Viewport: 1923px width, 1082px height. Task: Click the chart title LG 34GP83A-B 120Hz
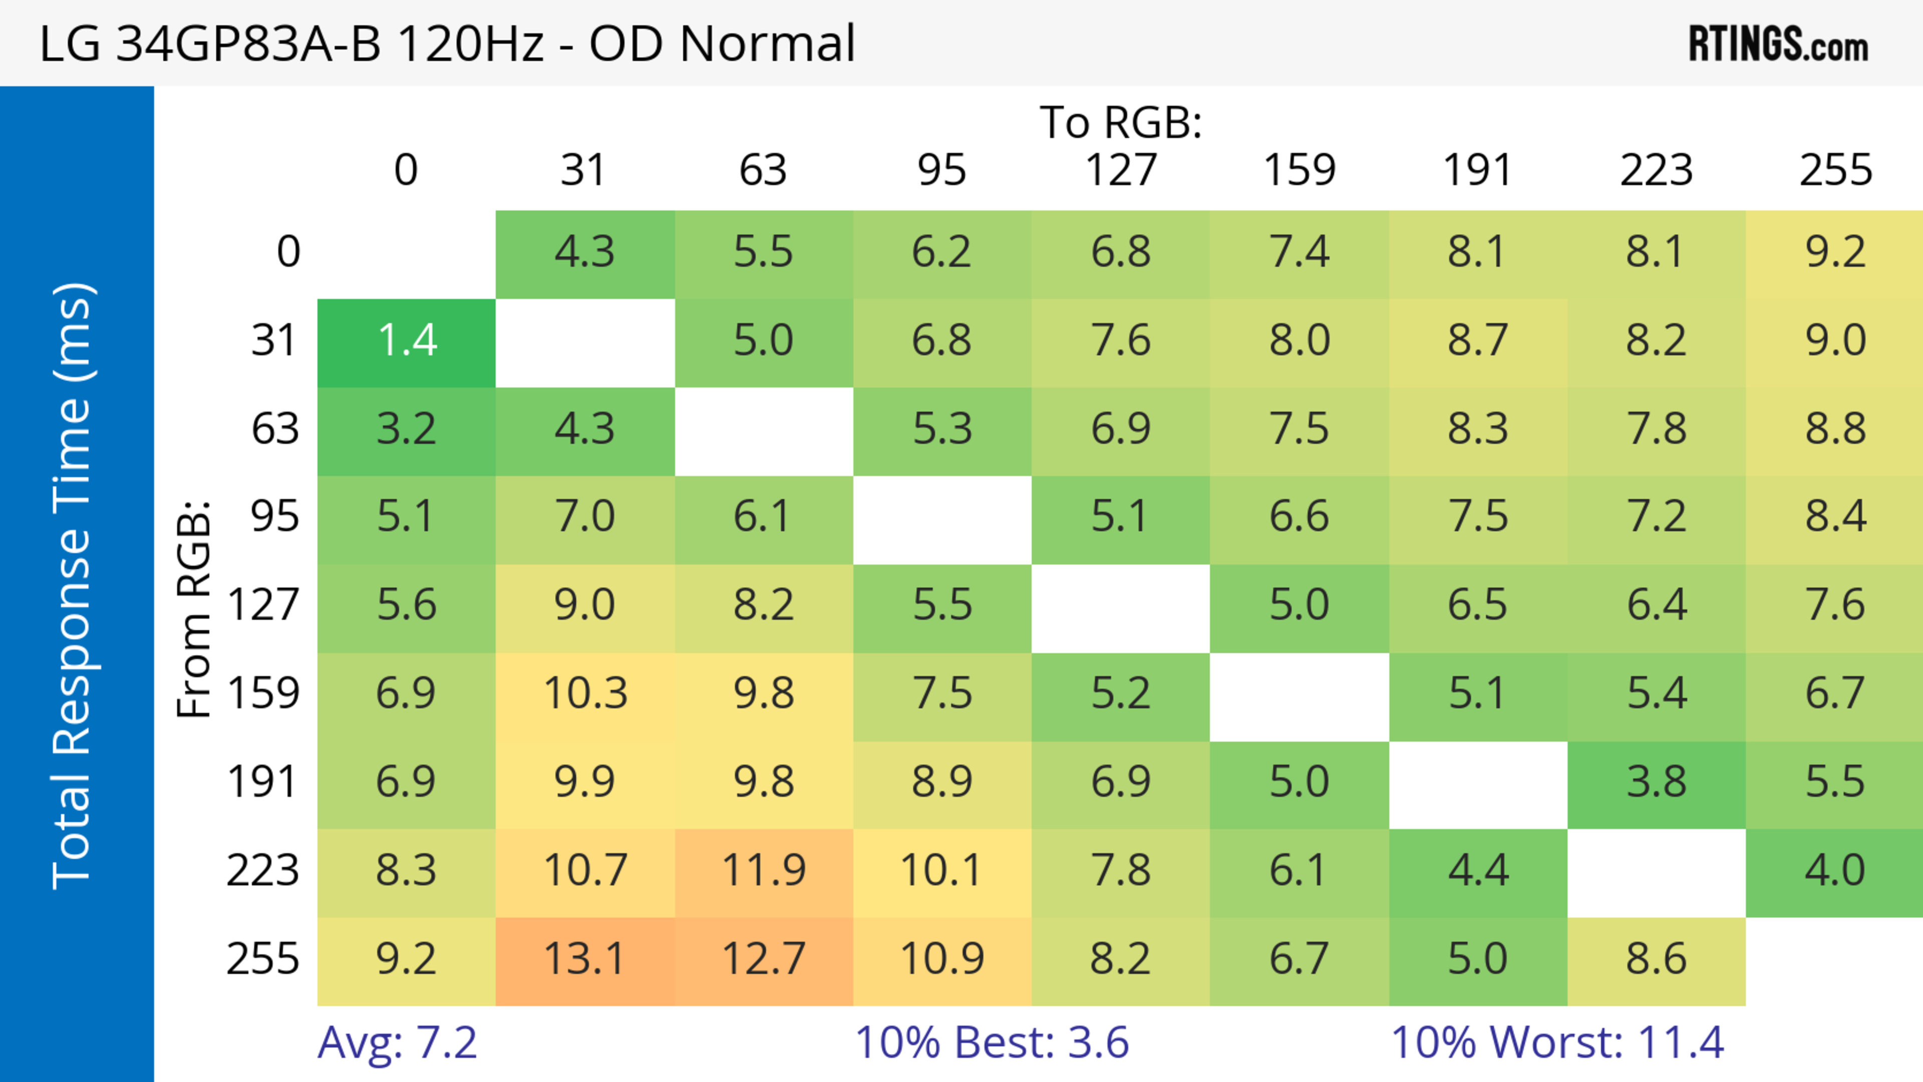(x=446, y=43)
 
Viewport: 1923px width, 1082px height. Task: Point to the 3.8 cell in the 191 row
(x=1656, y=783)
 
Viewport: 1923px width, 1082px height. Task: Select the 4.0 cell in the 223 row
(x=1834, y=871)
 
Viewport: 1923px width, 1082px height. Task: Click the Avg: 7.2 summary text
(x=397, y=1042)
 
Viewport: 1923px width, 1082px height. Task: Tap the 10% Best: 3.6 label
(x=992, y=1042)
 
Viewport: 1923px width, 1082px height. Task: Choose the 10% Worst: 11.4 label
(x=1558, y=1042)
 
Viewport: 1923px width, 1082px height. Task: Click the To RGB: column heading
(x=1121, y=122)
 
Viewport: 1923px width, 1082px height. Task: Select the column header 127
(x=1121, y=170)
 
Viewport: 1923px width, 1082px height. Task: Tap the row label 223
(x=263, y=871)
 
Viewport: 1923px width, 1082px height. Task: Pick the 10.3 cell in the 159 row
(x=584, y=694)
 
